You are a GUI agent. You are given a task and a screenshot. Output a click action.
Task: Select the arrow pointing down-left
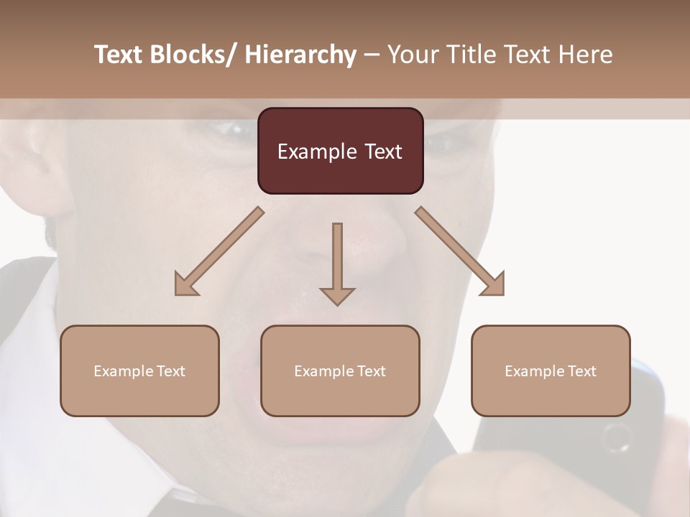pos(219,251)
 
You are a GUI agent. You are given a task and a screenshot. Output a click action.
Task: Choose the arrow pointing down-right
pos(460,251)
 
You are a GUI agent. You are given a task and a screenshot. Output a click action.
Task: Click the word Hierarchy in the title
pos(300,55)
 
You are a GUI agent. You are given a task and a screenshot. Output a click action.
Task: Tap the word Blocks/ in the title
pos(193,55)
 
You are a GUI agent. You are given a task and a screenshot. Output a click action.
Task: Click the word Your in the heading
pos(413,55)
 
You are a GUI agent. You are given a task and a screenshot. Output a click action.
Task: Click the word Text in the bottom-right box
pos(581,371)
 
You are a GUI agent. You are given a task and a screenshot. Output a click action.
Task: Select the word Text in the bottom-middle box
pos(370,371)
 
